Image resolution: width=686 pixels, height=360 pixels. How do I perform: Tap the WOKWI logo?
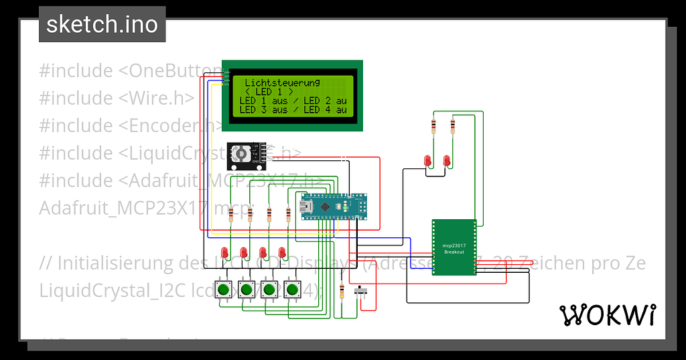tap(607, 314)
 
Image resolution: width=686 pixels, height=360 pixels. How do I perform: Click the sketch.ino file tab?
tap(102, 25)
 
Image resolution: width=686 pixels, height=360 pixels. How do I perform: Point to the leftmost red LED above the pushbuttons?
tap(226, 252)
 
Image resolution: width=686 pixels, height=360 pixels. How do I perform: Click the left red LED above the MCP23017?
tap(427, 160)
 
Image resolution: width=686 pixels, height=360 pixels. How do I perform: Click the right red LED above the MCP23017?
tap(446, 160)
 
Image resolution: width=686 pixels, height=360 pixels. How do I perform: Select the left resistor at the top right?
tap(433, 125)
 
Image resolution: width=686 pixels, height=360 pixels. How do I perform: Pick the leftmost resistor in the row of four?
tap(231, 215)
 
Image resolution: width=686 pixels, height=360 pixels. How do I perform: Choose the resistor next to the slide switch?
tap(343, 292)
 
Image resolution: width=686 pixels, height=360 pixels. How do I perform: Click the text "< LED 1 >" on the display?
tap(269, 91)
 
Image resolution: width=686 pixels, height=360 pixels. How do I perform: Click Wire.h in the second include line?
tap(158, 98)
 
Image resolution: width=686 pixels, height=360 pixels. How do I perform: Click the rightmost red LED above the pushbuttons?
tap(282, 252)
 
